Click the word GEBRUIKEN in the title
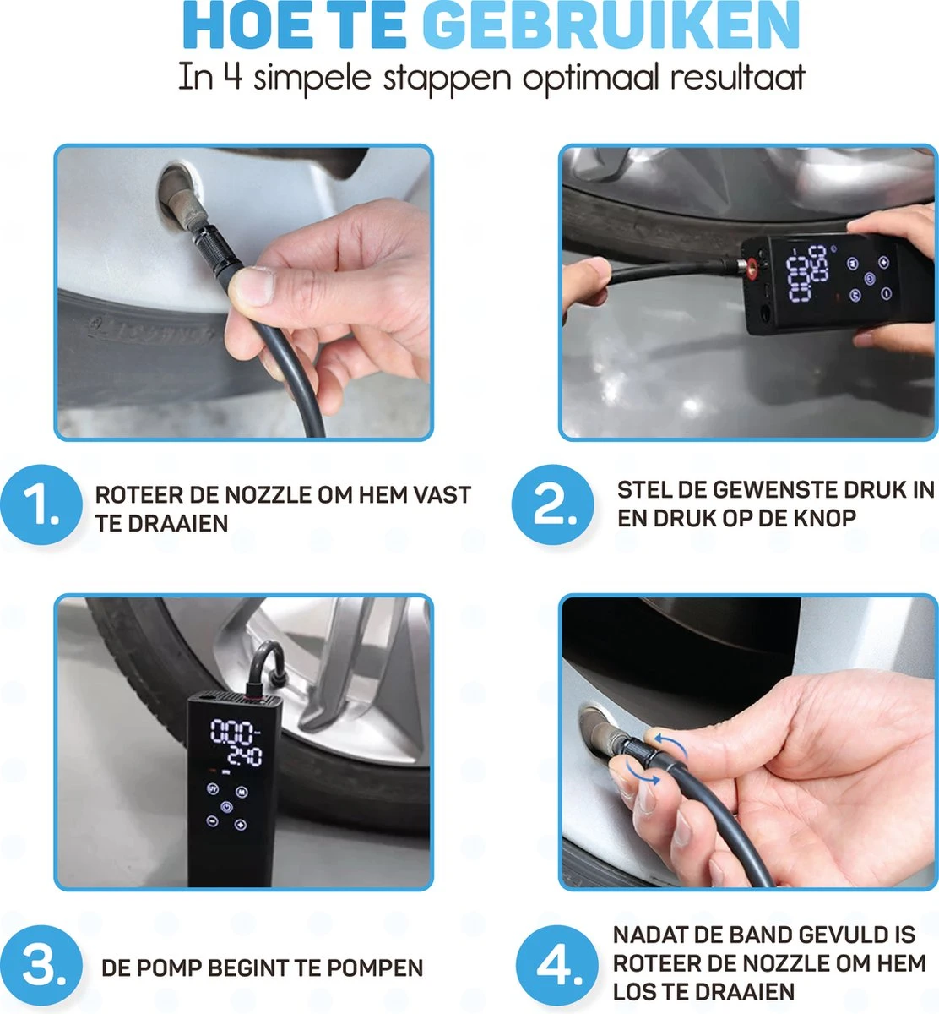point(610,27)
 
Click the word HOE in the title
point(238,27)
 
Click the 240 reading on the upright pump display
point(236,756)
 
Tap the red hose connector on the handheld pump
point(747,268)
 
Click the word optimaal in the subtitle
point(591,78)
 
